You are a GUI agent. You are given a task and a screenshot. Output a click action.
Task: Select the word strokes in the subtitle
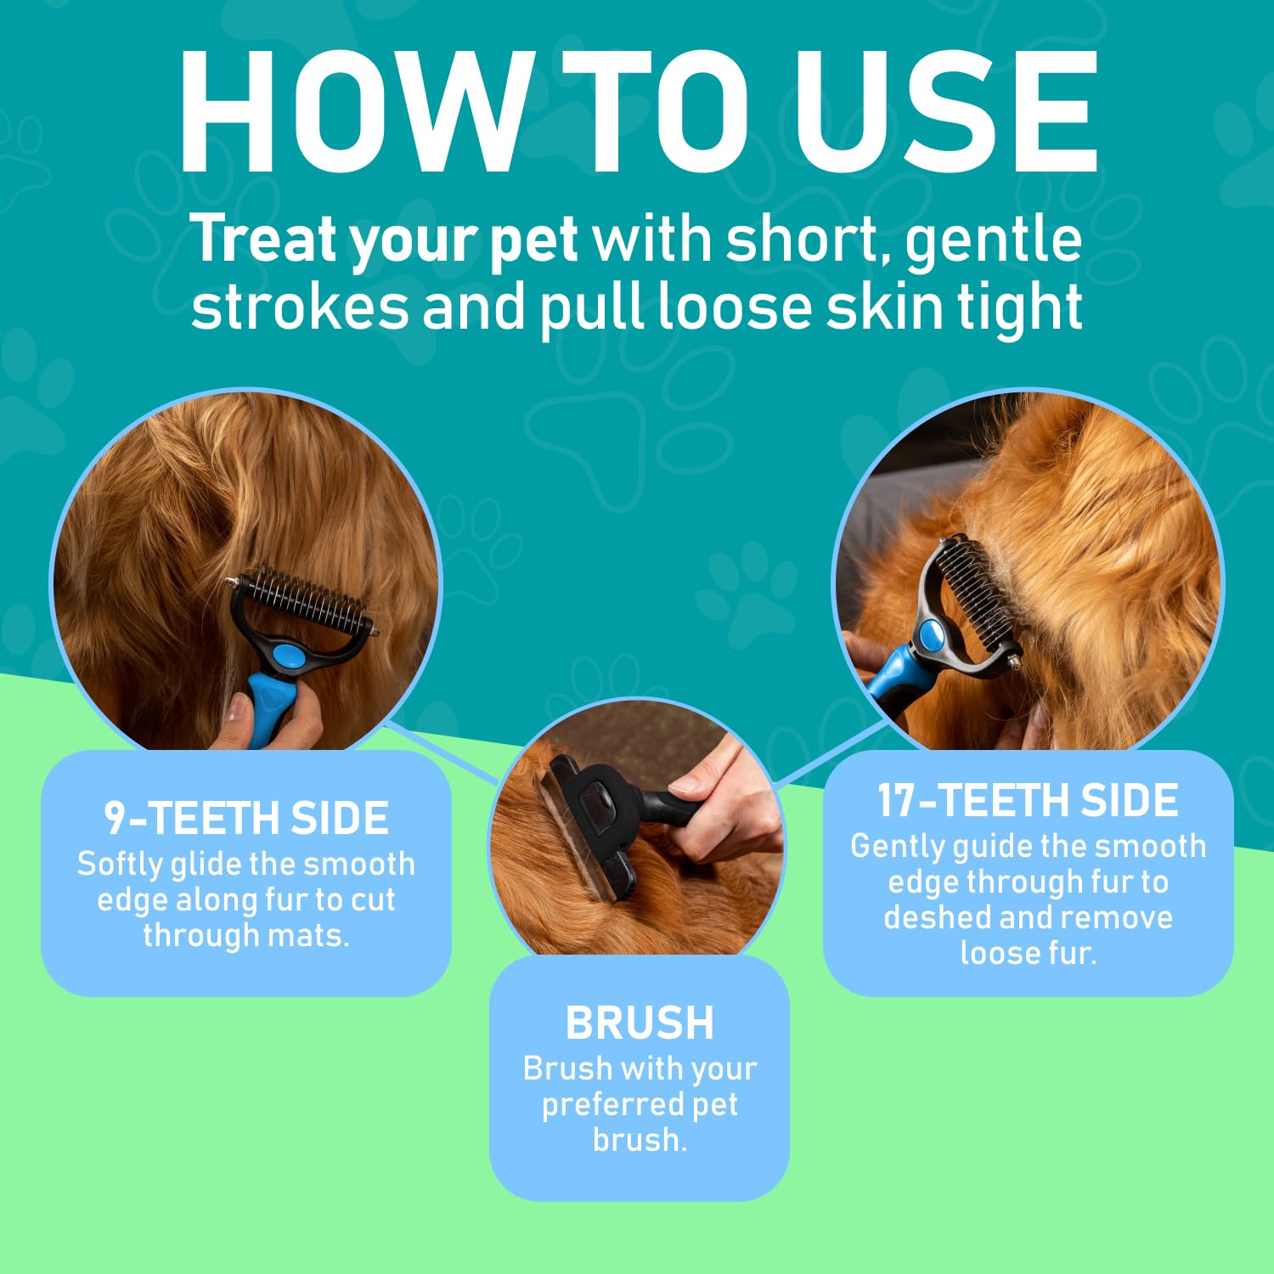[299, 307]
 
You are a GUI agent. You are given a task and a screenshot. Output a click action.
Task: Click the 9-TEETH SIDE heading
[246, 818]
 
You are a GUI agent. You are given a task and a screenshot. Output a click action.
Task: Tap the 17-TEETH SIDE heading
[1028, 800]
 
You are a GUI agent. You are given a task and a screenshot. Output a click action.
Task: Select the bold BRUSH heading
[640, 1023]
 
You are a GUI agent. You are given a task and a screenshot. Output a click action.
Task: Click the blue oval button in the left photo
[290, 655]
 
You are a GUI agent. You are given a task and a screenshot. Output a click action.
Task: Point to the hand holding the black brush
[730, 798]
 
